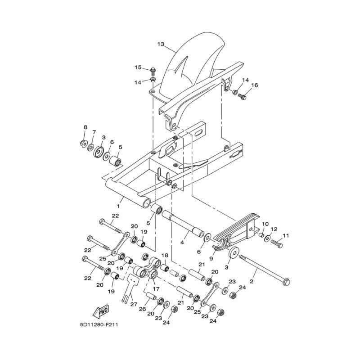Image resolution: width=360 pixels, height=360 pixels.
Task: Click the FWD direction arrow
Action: (x=100, y=313)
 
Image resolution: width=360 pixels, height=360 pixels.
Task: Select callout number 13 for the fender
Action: (x=161, y=44)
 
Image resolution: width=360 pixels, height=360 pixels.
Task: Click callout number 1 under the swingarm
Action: (x=118, y=206)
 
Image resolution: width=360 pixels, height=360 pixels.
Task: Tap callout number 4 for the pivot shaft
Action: (x=182, y=242)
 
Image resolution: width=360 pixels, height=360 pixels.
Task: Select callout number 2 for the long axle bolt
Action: (x=252, y=281)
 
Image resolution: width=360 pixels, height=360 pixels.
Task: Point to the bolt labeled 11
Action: (x=277, y=243)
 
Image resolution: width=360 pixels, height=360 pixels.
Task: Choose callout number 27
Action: (x=133, y=305)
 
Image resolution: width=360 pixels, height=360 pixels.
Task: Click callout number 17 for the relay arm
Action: (x=156, y=289)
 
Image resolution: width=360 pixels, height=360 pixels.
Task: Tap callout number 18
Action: (x=165, y=255)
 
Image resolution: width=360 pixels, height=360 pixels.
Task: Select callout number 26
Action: (x=142, y=309)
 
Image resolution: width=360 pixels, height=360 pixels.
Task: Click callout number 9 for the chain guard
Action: (x=211, y=258)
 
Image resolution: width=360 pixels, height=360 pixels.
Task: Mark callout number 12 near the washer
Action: (x=274, y=229)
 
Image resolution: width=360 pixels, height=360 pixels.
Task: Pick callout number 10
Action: (x=265, y=224)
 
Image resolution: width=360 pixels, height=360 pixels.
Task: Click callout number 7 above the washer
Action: (x=94, y=132)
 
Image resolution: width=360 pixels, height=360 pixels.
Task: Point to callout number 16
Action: (x=254, y=85)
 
